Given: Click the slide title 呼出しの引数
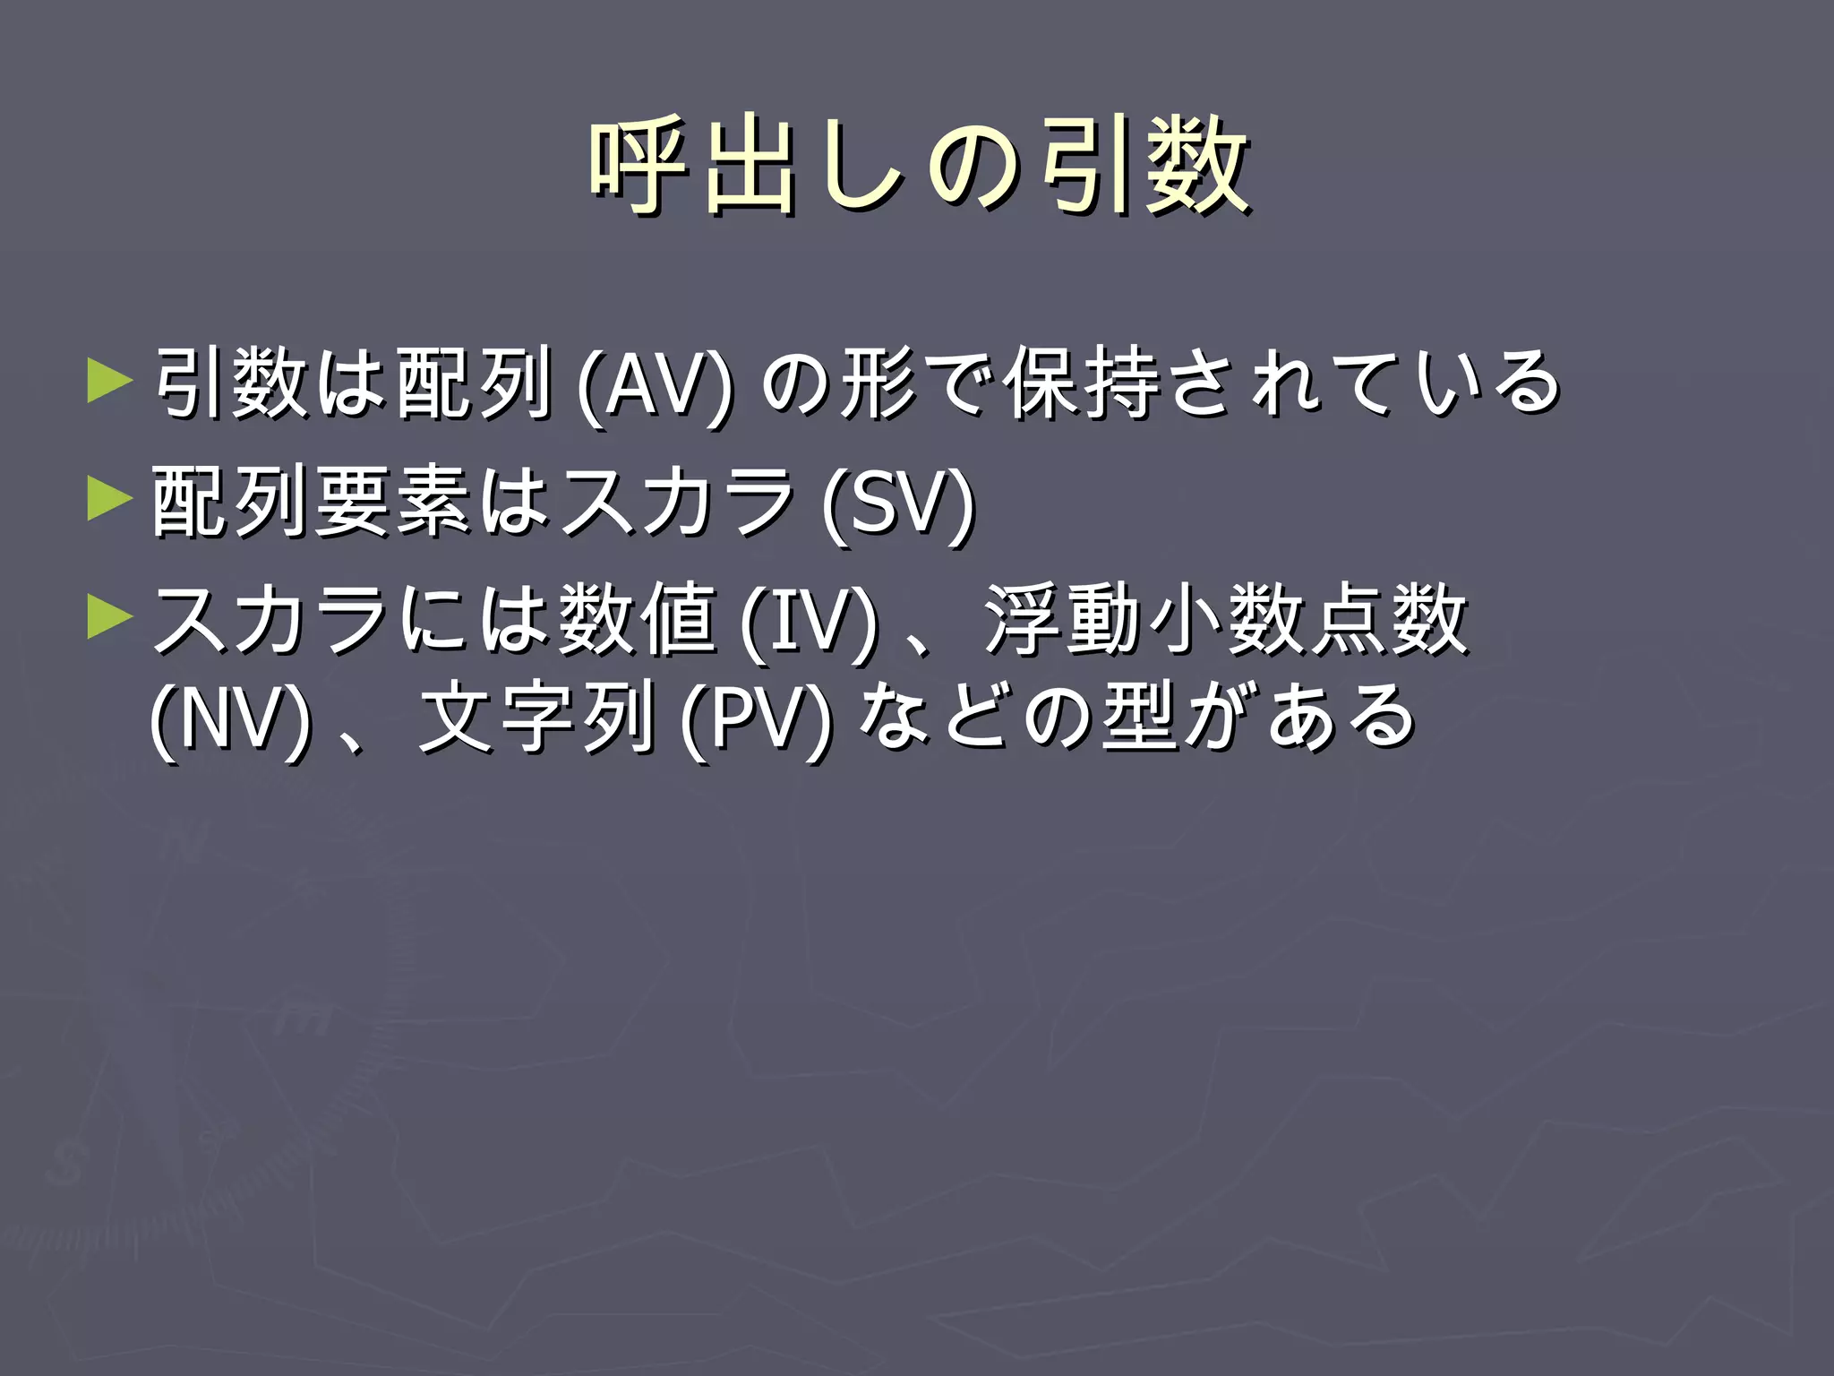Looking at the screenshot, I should pos(919,168).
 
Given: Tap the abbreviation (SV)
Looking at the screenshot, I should pos(898,503).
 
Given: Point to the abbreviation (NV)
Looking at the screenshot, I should pos(231,718).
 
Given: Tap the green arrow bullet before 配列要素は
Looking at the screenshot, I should pos(110,498).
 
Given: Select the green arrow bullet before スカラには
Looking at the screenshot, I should pos(110,617).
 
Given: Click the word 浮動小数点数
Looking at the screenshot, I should pos(1225,619).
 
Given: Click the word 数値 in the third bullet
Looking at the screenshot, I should pos(637,619).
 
